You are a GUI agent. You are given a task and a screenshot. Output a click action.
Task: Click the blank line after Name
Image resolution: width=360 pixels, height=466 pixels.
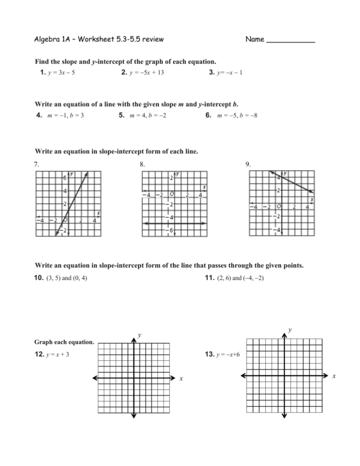tap(290, 40)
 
